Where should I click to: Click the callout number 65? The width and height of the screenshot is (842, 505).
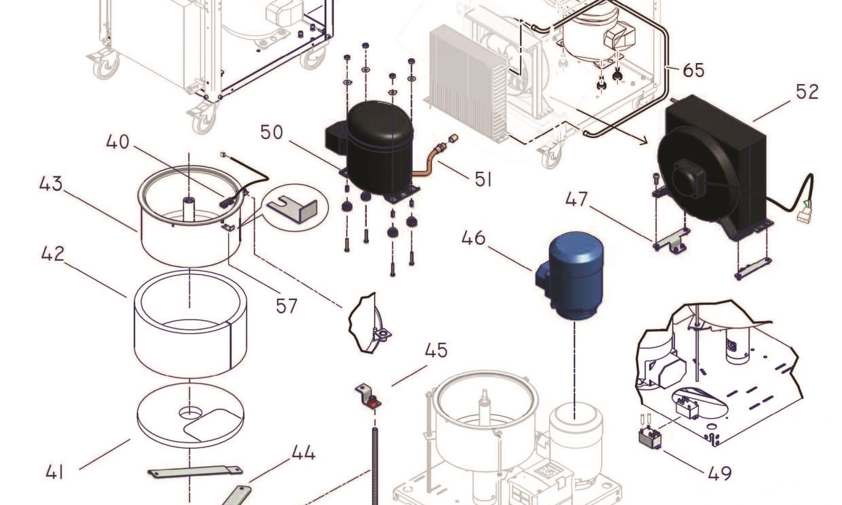(x=693, y=70)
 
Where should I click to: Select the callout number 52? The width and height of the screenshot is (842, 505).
(x=807, y=92)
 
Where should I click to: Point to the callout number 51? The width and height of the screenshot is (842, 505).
(x=483, y=180)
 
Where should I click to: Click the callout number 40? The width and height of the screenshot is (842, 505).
(x=117, y=142)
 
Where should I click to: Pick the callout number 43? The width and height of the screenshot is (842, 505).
(x=51, y=184)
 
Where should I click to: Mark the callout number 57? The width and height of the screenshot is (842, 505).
(x=287, y=306)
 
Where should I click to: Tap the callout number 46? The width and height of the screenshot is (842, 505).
(x=474, y=238)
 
